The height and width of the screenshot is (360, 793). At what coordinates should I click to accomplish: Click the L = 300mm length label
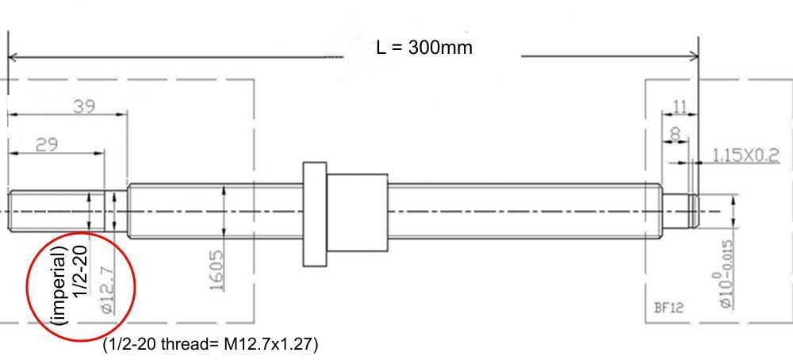[424, 47]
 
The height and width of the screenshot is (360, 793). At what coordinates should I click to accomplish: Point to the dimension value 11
[680, 105]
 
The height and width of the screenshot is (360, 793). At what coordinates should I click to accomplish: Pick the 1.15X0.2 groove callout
[745, 155]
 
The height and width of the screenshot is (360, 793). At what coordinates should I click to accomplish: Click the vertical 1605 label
[215, 270]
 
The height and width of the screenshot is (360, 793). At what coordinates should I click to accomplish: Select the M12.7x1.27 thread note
[212, 344]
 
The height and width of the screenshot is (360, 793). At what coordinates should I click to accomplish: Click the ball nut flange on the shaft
[315, 213]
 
